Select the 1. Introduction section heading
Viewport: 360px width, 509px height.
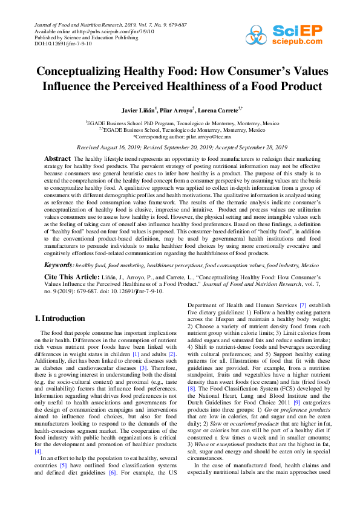point(59,318)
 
